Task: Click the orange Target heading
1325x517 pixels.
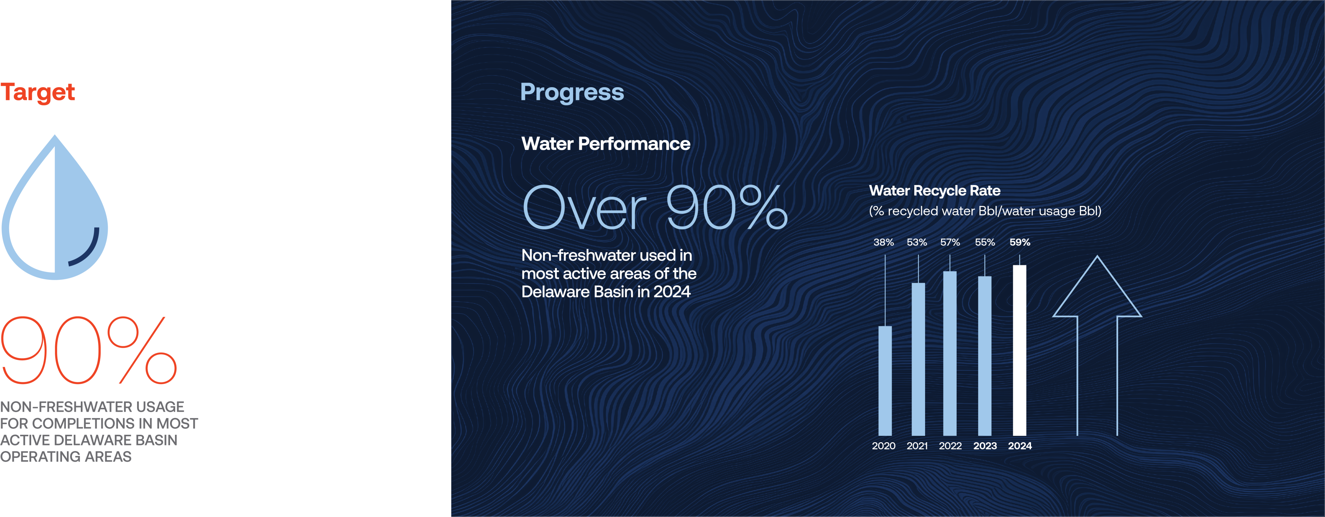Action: [x=38, y=92]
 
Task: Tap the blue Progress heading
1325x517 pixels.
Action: [x=572, y=92]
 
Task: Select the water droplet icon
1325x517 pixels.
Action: [x=55, y=207]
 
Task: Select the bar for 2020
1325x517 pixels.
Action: [x=885, y=381]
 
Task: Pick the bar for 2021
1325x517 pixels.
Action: [x=918, y=359]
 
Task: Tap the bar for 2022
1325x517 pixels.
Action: [x=950, y=353]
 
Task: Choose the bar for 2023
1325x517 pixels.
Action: [x=985, y=356]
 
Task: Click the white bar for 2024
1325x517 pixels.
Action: [x=1019, y=350]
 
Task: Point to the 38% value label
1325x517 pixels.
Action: [x=884, y=242]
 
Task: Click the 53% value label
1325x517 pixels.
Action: [x=917, y=242]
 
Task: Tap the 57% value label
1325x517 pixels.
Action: [x=950, y=242]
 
